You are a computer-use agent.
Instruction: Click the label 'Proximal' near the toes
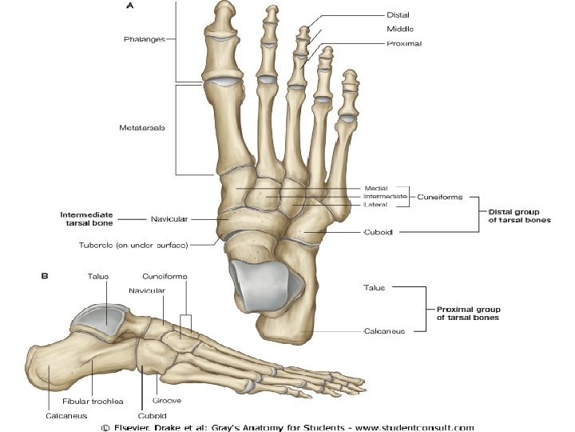pos(403,43)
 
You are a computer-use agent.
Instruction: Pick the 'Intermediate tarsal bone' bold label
pos(86,219)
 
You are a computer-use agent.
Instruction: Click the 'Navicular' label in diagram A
pos(170,218)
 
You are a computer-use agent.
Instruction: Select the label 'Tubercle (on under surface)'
pos(145,244)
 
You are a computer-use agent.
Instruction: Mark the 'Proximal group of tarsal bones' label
pos(468,313)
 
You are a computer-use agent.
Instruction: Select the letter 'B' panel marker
pos(46,276)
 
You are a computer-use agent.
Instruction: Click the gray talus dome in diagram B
pos(101,319)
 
